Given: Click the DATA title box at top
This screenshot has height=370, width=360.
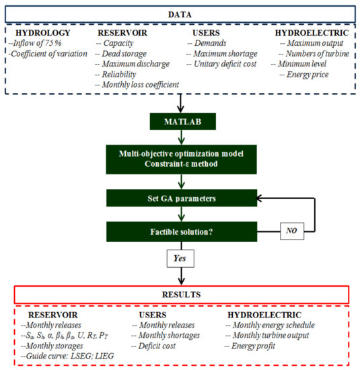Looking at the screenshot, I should (x=180, y=11).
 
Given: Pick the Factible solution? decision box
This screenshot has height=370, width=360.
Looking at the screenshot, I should (x=180, y=232).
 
